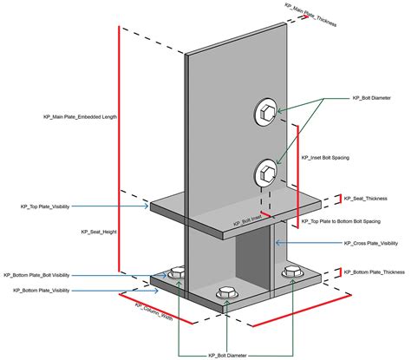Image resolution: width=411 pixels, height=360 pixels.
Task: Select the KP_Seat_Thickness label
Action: click(x=366, y=199)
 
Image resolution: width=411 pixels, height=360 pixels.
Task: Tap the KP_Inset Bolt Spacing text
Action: click(x=330, y=158)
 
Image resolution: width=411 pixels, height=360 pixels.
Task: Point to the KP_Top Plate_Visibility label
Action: click(x=45, y=206)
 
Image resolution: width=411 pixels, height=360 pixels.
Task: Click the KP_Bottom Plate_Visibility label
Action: click(x=41, y=291)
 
